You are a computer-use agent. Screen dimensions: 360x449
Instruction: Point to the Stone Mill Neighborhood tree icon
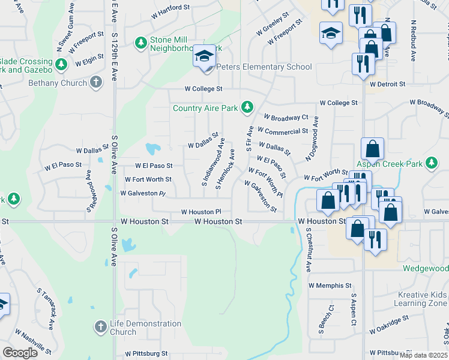tap(141, 43)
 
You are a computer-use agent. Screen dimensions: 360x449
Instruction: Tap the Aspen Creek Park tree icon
tap(430, 163)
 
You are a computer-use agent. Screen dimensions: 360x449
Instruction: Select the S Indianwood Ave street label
tap(212, 162)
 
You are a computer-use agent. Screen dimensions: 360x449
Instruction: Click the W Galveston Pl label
tap(142, 193)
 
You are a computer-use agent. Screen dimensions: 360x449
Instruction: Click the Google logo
tap(20, 352)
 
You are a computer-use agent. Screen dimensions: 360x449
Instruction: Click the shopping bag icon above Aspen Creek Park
tap(372, 149)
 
